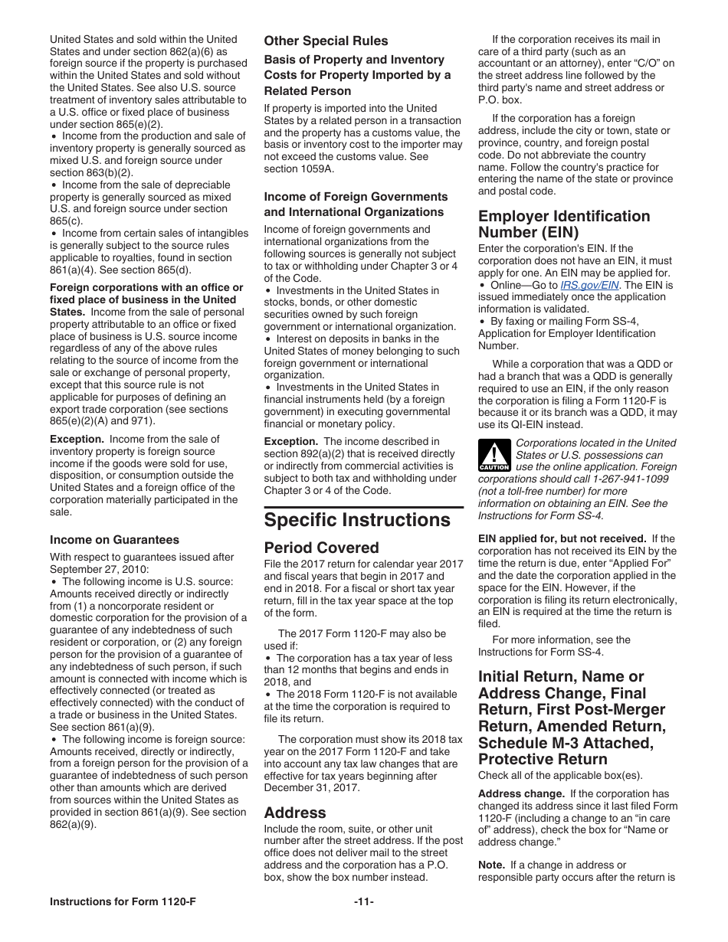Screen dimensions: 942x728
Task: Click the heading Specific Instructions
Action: pyautogui.click(x=357, y=520)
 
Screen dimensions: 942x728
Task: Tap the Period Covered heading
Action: pyautogui.click(x=321, y=548)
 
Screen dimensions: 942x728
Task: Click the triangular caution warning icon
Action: pyautogui.click(x=494, y=456)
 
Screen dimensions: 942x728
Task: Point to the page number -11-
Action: pyautogui.click(x=363, y=901)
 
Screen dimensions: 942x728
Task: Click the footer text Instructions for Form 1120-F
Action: pyautogui.click(x=123, y=901)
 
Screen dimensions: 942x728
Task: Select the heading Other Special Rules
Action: pyautogui.click(x=326, y=41)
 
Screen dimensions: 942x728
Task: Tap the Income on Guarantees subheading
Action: pyautogui.click(x=114, y=540)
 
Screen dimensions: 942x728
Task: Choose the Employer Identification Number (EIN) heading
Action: pyautogui.click(x=563, y=224)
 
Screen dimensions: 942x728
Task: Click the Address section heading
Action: pyautogui.click(x=295, y=813)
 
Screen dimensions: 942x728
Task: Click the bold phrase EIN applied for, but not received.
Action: pyautogui.click(x=562, y=538)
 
